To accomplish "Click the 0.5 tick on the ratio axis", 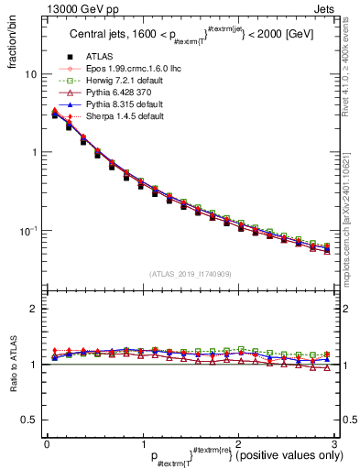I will pos(27,420).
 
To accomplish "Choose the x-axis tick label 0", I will pos(47,442).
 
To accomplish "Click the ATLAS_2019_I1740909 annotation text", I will pos(190,275).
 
